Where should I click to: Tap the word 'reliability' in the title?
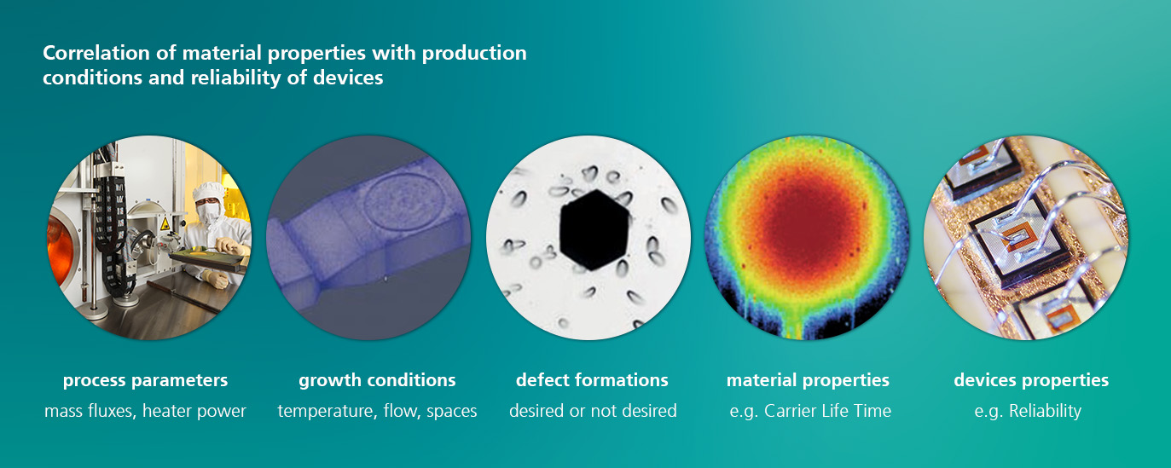pos(235,78)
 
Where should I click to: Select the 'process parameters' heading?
pos(145,380)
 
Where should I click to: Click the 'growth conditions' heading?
pos(377,380)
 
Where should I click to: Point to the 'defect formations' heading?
pos(592,379)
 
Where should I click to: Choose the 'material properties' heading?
pos(808,380)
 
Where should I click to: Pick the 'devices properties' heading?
pos(1031,380)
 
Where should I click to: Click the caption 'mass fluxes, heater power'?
pos(145,411)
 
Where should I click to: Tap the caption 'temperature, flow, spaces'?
pos(377,411)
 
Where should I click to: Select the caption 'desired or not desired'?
pos(593,411)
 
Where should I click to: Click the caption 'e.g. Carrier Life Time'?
pos(810,411)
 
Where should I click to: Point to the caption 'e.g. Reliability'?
pos(1028,411)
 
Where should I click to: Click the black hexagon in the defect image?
pos(594,229)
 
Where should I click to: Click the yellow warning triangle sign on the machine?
pos(165,224)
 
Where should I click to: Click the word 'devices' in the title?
pos(348,78)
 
